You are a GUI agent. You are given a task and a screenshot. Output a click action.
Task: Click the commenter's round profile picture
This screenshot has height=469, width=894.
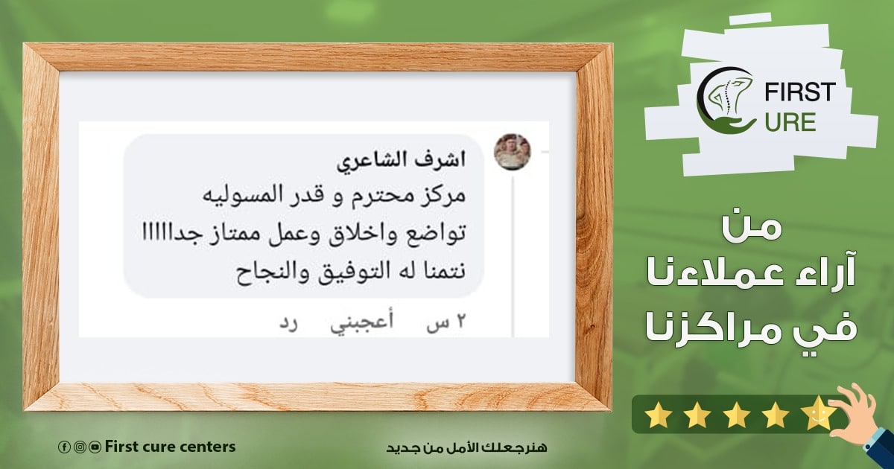point(513,152)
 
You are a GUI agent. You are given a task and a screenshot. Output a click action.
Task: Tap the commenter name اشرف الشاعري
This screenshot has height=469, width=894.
point(401,162)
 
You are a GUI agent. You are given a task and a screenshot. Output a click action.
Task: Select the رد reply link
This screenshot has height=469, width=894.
point(288,322)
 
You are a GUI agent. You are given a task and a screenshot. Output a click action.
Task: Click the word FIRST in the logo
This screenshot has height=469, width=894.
point(800,92)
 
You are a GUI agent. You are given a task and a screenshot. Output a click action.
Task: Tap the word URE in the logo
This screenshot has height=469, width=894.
point(790,122)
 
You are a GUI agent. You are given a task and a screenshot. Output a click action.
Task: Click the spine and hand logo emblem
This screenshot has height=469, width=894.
point(726,100)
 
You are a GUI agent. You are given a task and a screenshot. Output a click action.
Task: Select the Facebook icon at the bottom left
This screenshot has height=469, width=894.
point(63,447)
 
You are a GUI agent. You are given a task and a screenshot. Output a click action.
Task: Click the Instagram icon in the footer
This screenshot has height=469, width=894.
point(79,447)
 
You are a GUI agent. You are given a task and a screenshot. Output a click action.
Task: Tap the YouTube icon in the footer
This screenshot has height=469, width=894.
point(95,447)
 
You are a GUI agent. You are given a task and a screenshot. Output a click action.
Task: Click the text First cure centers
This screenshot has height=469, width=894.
point(171,447)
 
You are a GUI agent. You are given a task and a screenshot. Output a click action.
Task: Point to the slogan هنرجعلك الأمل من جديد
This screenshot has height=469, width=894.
point(466,447)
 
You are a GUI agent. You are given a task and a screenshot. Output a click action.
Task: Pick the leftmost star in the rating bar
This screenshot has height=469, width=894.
point(659,416)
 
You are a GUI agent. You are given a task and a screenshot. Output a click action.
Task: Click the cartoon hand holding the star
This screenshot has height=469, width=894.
point(858,415)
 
